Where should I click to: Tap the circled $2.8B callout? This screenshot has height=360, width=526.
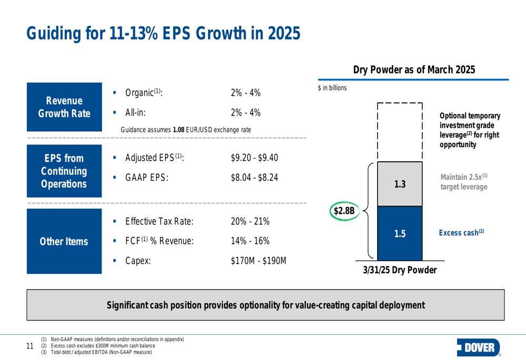pos(345,211)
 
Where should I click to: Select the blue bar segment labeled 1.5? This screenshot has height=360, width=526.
pos(400,234)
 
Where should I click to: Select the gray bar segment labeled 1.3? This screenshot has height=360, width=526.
pos(400,184)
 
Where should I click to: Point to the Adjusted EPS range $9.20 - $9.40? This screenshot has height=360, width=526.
pos(255,158)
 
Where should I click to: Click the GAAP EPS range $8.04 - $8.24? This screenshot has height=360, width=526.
pos(255,178)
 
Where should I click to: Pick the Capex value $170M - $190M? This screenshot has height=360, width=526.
pos(258,260)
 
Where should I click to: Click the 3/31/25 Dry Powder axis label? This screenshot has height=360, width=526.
pos(400,270)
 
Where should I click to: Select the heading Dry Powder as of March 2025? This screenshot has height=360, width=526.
pos(414,70)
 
